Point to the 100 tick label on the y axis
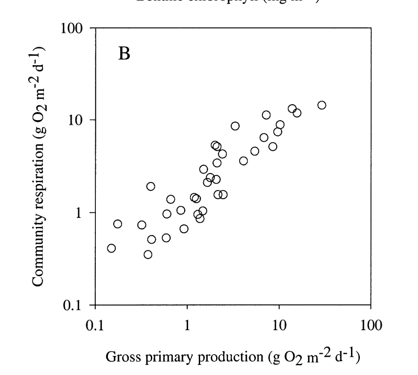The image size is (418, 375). [71, 28]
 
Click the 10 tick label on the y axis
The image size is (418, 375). [76, 121]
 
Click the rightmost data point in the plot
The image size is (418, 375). [322, 105]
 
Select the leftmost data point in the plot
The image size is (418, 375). [111, 248]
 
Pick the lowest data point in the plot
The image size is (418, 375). [148, 254]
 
